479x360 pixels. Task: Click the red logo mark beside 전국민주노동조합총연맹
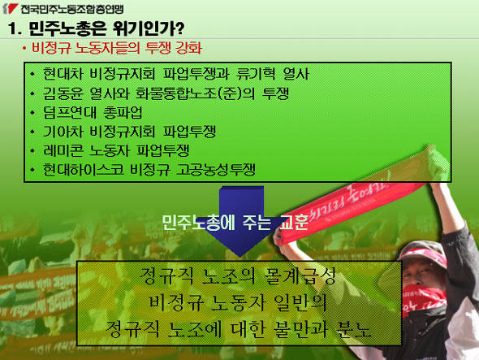click(x=10, y=8)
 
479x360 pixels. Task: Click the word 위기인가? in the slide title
click(x=149, y=28)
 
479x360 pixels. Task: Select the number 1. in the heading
click(x=15, y=28)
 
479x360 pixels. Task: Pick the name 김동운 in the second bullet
click(x=63, y=93)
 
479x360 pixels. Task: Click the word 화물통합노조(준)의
click(x=195, y=93)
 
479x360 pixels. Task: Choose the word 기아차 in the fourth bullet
click(x=63, y=131)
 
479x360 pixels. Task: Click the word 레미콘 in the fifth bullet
click(x=63, y=150)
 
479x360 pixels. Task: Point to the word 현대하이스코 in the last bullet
click(x=83, y=169)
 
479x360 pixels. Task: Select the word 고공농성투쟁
click(x=216, y=169)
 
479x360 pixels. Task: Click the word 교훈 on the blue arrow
click(x=294, y=223)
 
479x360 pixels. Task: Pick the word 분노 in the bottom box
click(x=353, y=329)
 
